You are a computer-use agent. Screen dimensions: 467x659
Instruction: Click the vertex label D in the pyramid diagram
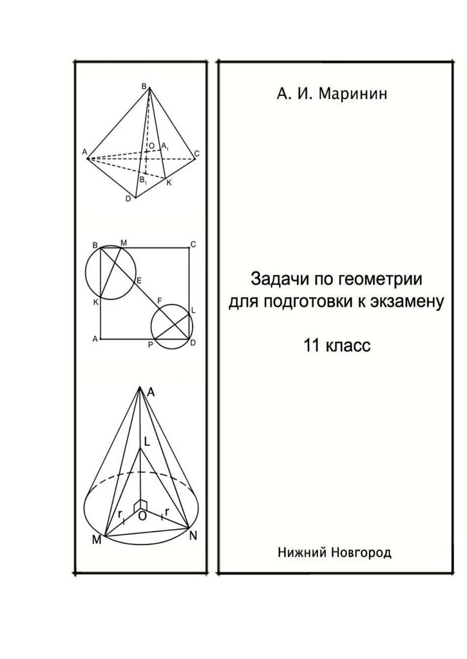pos(128,199)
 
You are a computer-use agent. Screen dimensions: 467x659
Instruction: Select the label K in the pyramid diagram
pos(169,183)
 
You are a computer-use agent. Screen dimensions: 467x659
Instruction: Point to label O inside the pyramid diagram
pos(151,146)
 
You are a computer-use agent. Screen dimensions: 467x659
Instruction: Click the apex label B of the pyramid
pos(144,86)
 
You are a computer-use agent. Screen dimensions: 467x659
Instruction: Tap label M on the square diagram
pos(123,243)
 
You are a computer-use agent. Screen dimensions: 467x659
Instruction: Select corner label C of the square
pos(192,244)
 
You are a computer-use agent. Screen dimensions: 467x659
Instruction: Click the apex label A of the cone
pos(150,391)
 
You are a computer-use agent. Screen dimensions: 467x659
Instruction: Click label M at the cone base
pos(96,539)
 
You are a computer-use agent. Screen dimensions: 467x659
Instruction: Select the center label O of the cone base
pos(142,516)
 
